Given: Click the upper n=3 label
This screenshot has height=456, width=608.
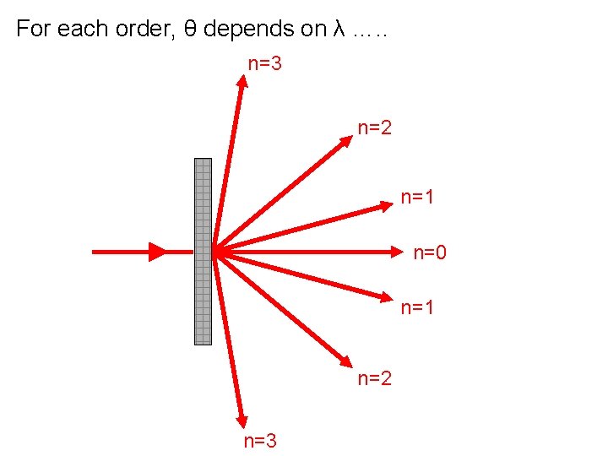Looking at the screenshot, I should (263, 62).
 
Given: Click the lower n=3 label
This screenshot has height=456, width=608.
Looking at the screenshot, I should (260, 441).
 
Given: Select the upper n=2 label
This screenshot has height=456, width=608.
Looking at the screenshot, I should (375, 128).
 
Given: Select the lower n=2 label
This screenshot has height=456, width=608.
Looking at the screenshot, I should (375, 378).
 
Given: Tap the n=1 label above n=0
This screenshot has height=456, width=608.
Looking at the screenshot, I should (417, 198).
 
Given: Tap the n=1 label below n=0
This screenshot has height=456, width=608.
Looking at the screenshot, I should (417, 308).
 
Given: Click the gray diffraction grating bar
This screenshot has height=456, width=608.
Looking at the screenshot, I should (203, 252).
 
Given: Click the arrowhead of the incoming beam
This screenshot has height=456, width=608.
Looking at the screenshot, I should (157, 252).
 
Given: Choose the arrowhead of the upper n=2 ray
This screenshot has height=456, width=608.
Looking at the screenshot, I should (346, 141).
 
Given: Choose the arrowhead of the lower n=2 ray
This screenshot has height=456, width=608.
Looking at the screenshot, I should (346, 362).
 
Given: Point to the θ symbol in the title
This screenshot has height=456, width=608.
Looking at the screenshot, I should (191, 30).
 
